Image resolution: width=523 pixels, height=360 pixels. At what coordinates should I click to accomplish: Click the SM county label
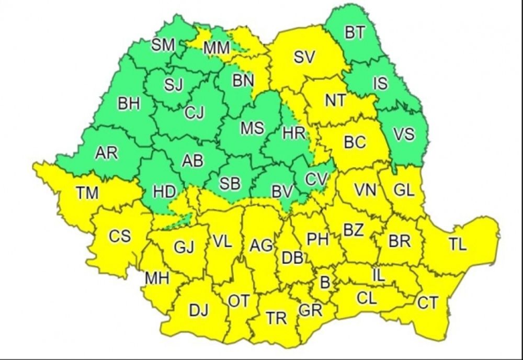point(163,46)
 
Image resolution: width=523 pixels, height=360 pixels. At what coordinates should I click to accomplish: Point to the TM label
point(87,193)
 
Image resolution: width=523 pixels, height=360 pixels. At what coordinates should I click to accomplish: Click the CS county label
point(120,237)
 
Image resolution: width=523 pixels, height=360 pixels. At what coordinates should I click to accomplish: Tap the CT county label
point(427,302)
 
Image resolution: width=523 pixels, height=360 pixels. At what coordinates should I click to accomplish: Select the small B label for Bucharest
point(325,283)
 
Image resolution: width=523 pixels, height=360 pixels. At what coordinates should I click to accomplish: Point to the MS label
point(252,128)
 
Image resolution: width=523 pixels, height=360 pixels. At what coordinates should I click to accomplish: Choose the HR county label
point(293,133)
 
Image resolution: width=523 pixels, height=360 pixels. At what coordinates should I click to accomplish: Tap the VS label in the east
point(404,134)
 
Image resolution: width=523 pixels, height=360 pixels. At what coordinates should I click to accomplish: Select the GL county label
point(404,190)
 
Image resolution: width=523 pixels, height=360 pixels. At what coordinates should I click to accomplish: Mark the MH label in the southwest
point(157,278)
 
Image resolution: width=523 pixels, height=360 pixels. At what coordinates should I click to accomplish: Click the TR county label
point(276,318)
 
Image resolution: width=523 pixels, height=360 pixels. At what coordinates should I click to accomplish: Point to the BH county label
point(129,104)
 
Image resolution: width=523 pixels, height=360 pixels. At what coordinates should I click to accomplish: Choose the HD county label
point(164,192)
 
